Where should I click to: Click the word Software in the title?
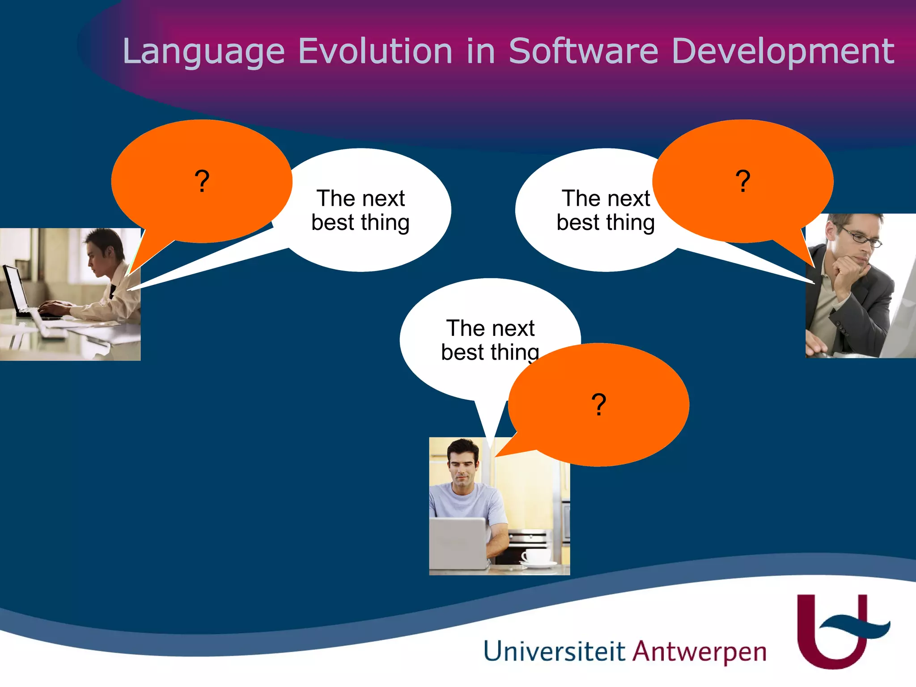[583, 51]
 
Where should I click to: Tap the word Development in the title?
[782, 52]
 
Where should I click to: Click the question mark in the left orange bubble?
[202, 181]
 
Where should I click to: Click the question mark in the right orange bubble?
[743, 181]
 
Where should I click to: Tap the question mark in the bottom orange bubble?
[598, 405]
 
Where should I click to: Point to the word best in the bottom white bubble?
[462, 352]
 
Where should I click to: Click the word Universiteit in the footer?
[554, 651]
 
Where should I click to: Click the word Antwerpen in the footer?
[700, 652]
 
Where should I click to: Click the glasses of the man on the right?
[861, 237]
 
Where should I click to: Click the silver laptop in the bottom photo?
[458, 543]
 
